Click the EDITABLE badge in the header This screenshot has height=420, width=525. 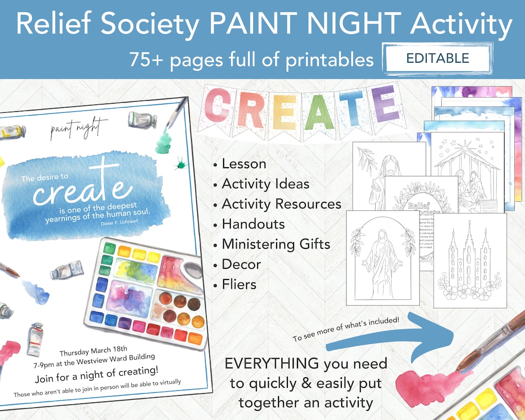point(437,59)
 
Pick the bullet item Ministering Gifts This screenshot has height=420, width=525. point(276,244)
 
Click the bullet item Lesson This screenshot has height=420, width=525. point(244,164)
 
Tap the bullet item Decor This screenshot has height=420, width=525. point(241,264)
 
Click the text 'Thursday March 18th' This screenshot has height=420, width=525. point(93,349)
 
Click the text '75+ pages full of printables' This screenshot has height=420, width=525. point(251,59)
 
